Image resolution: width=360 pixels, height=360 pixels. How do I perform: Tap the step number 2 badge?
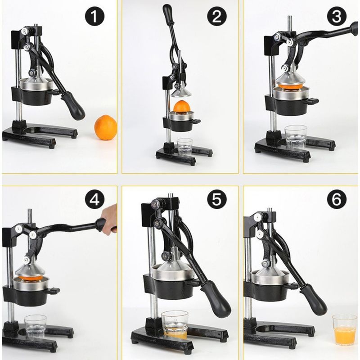tap(216, 17)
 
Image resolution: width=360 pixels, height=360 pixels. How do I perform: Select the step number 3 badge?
tap(337, 17)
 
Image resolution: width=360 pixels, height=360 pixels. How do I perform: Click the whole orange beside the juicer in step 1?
tap(106, 127)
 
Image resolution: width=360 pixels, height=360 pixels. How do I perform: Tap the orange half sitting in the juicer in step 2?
tap(182, 107)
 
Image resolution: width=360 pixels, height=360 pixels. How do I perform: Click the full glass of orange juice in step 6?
tap(344, 330)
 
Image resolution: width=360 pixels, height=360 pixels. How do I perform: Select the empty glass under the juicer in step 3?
tap(296, 137)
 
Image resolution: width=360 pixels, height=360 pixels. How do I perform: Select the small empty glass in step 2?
tap(184, 147)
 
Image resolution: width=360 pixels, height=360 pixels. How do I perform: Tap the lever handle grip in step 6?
tap(314, 299)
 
